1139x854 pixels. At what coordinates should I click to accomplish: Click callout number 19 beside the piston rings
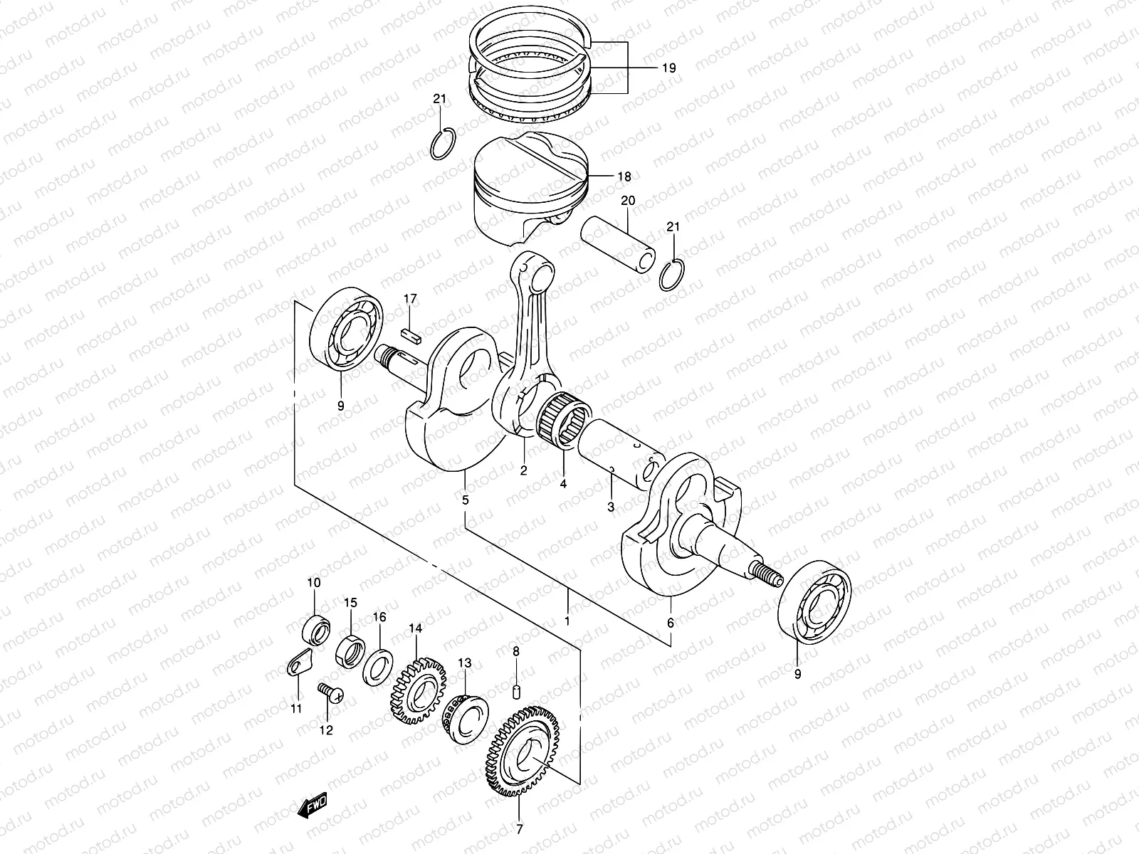tap(668, 68)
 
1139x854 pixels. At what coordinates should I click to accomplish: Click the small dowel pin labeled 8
tap(518, 690)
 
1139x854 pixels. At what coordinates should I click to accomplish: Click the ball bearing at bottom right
tap(813, 602)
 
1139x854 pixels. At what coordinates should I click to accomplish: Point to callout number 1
tap(567, 620)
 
